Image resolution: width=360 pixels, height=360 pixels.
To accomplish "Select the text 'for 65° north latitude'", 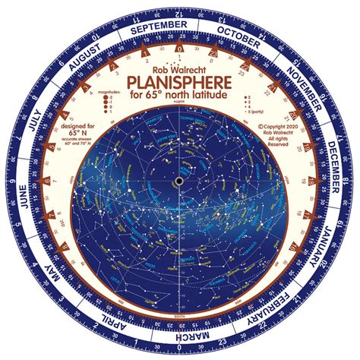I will pyautogui.click(x=181, y=96).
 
